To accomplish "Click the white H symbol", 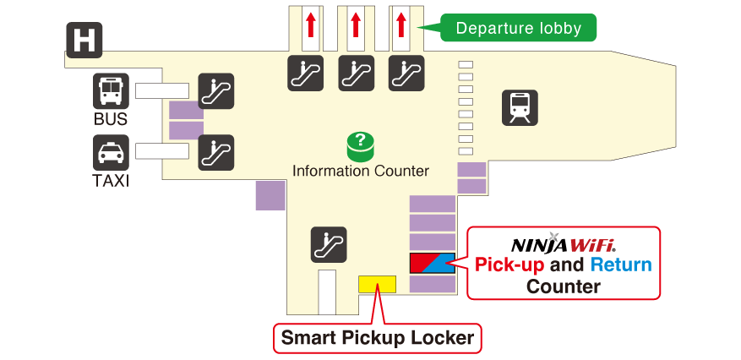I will point(84,40).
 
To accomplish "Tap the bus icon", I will point(111,91).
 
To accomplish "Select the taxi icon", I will point(111,153).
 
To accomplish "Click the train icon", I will point(520,108).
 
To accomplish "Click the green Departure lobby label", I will point(518,28).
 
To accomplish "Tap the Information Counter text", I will point(361,172).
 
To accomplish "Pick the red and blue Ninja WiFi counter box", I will point(433,263).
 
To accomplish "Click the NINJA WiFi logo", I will point(563,244).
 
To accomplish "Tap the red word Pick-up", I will point(509,265).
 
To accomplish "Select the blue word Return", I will point(621,265).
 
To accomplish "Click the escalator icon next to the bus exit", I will point(215,91).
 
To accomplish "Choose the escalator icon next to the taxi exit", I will point(215,153).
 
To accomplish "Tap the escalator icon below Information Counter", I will point(328,243).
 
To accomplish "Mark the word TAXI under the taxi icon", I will point(111,181).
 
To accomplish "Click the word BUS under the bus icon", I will point(111,120).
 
